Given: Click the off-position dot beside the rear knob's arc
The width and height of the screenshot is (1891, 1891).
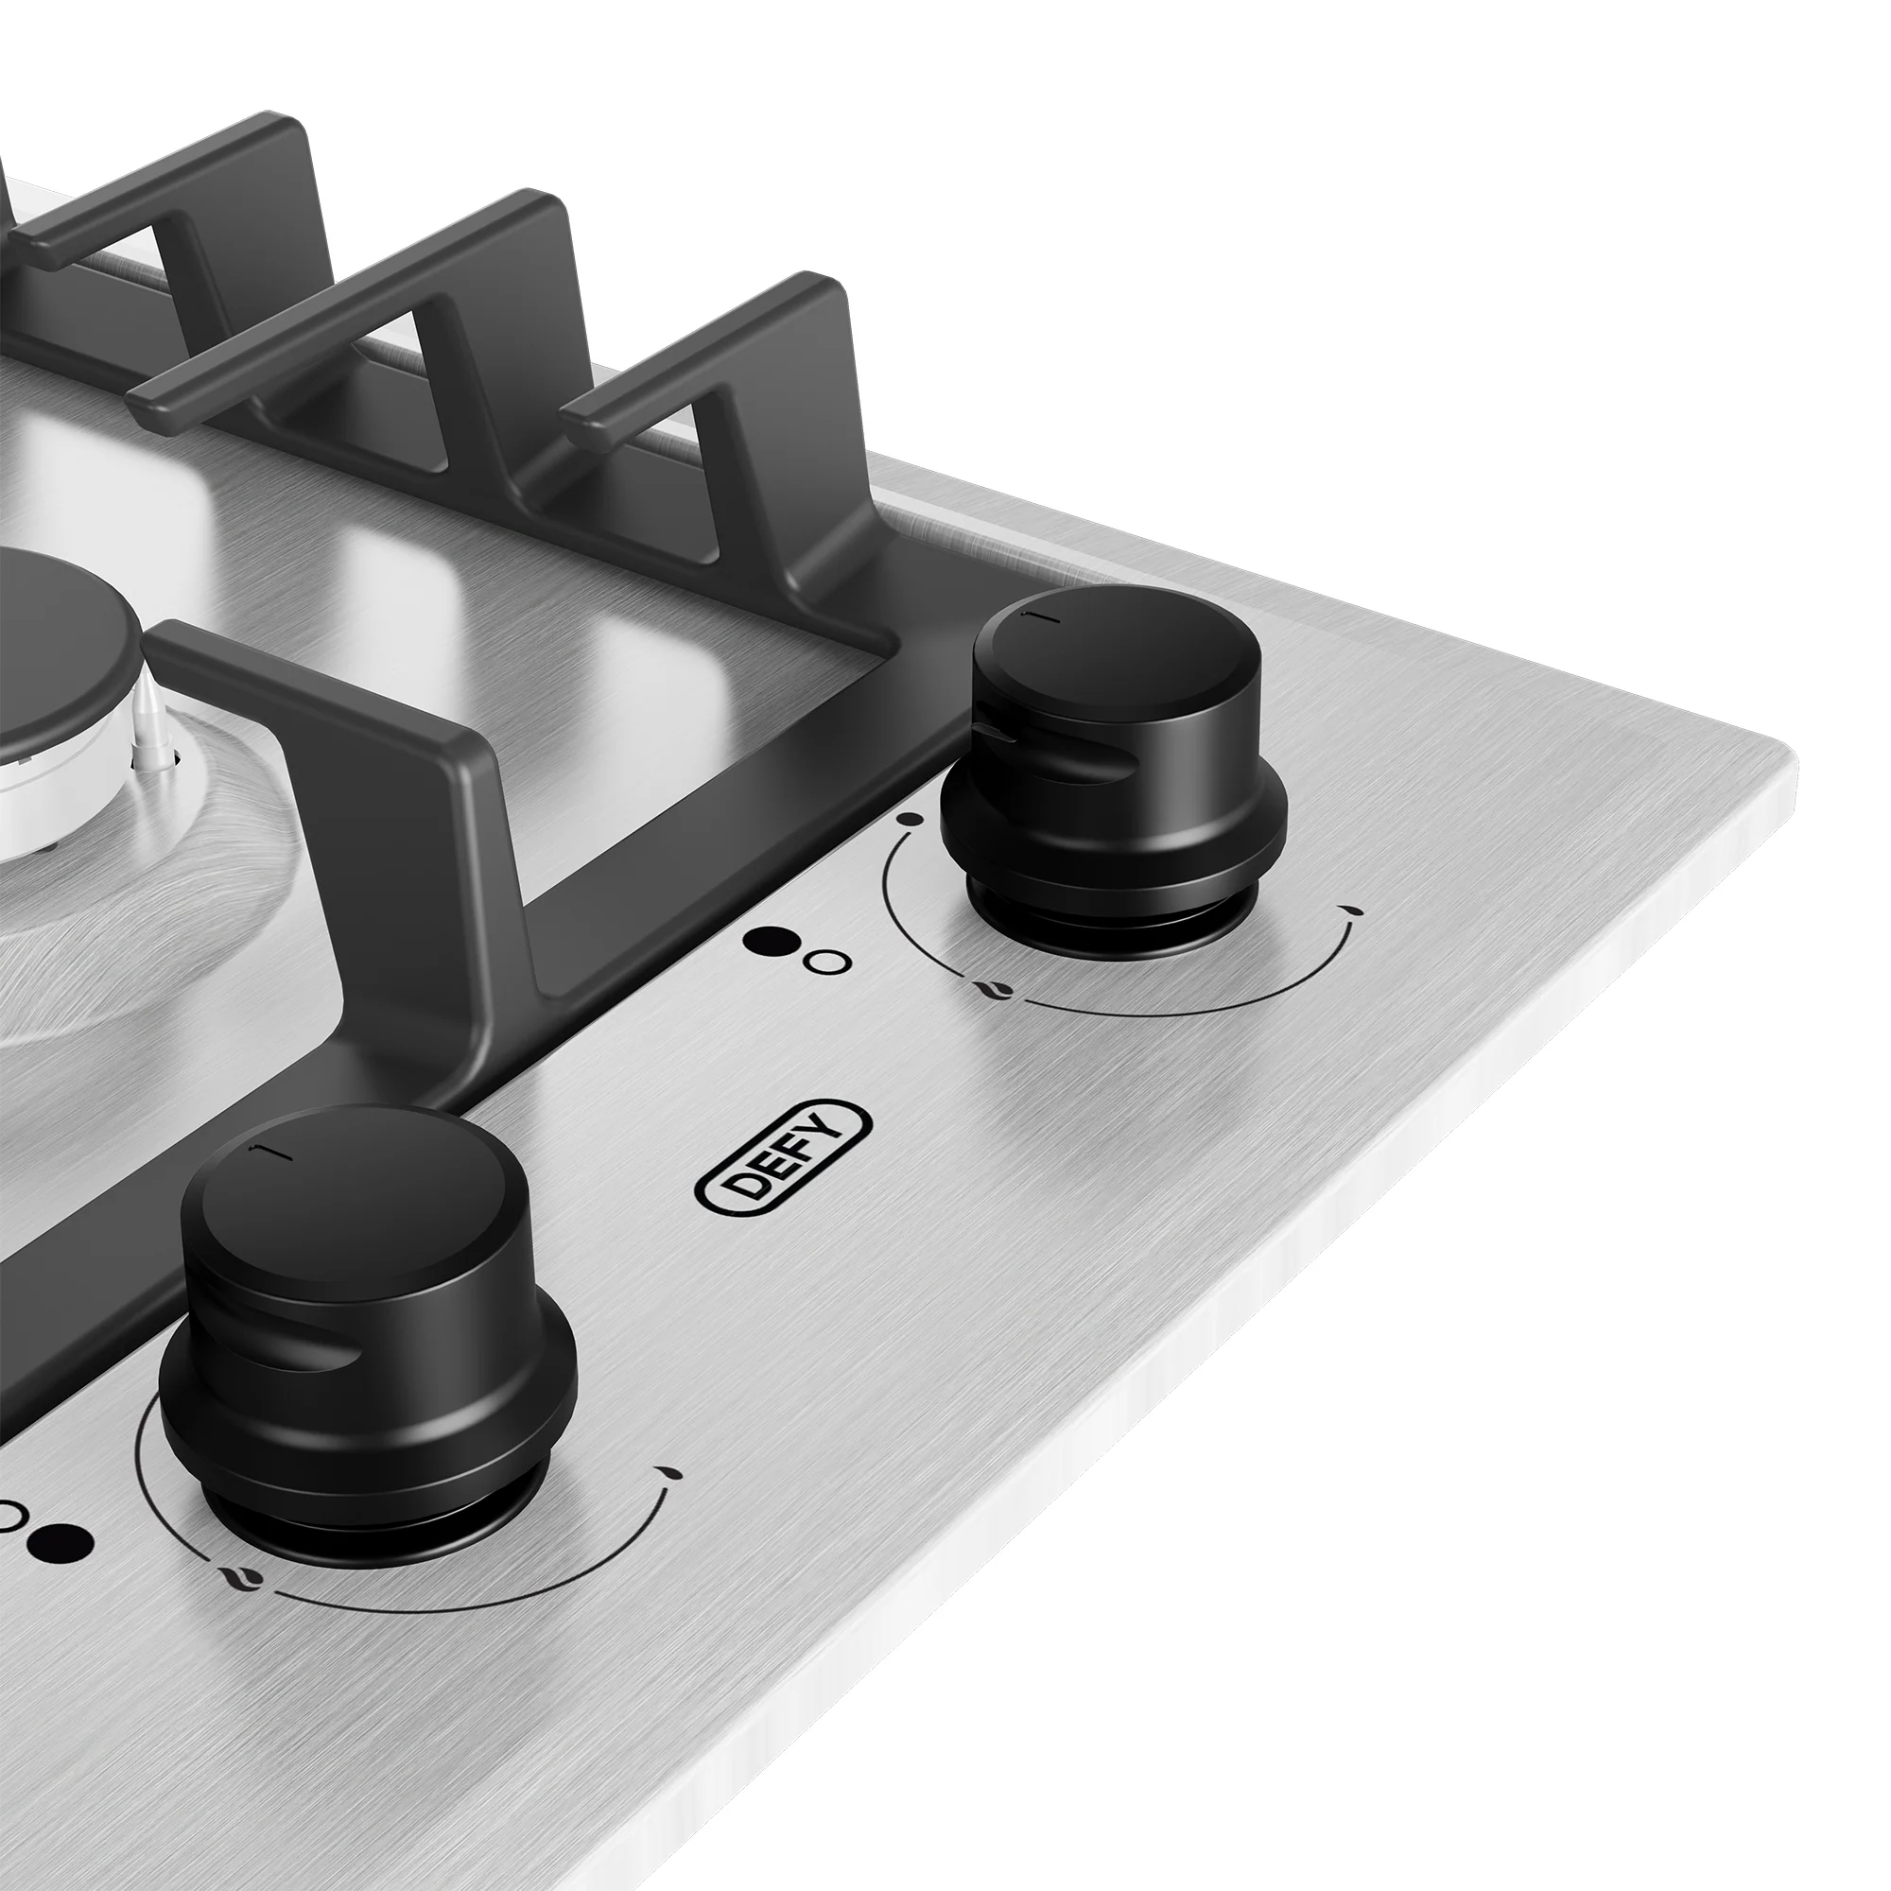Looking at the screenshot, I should pyautogui.click(x=910, y=818).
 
